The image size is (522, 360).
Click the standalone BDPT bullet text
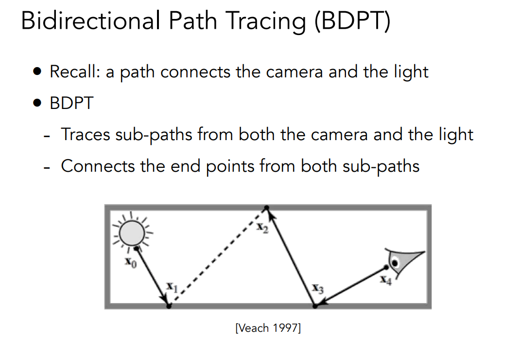pyautogui.click(x=71, y=103)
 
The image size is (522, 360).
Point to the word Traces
pyautogui.click(x=86, y=134)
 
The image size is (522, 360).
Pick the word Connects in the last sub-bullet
pyautogui.click(x=98, y=166)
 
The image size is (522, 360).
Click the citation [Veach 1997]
pyautogui.click(x=268, y=328)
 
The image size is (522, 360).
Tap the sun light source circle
pyautogui.click(x=132, y=234)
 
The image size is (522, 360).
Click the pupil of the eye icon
pyautogui.click(x=395, y=263)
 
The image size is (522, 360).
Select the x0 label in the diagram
pyautogui.click(x=131, y=262)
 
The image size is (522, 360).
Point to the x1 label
pyautogui.click(x=172, y=287)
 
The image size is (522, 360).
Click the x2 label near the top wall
pyautogui.click(x=262, y=228)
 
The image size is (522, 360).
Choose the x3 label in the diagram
pyautogui.click(x=317, y=288)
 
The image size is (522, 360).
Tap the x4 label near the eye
pyautogui.click(x=386, y=280)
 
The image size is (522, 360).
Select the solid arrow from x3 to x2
pyautogui.click(x=291, y=257)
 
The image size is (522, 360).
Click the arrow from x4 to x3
pyautogui.click(x=350, y=287)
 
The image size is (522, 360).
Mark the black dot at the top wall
pyautogui.click(x=267, y=208)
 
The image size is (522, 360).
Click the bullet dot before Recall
pyautogui.click(x=37, y=72)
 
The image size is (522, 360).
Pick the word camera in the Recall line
pyautogui.click(x=295, y=72)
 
